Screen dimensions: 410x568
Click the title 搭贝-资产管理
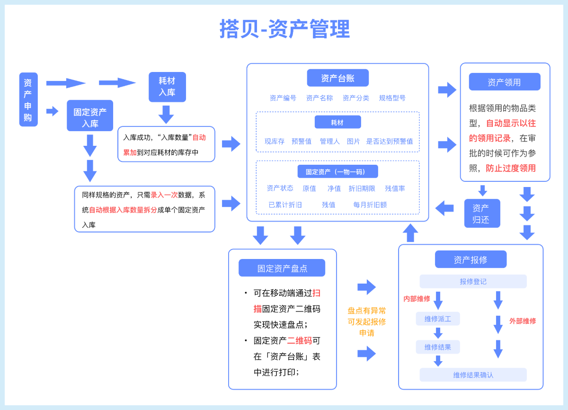coord(284,29)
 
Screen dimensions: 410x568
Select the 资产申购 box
coord(28,99)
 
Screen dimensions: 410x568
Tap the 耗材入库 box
coord(167,87)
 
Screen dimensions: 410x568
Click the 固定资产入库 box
coord(90,116)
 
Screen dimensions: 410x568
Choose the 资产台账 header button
coord(337,78)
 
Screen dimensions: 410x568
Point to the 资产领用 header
coord(504,82)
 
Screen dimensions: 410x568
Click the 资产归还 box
coord(482,214)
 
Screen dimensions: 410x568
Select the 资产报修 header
coord(470,259)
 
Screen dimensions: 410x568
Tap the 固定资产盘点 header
coord(282,268)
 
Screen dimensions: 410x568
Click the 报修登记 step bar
coord(473,281)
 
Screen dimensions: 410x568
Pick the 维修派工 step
coord(438,319)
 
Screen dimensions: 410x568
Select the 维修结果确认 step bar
coord(473,375)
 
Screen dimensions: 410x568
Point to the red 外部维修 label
coord(523,321)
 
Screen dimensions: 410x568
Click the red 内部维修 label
coord(417,299)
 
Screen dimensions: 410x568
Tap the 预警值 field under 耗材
coord(302,141)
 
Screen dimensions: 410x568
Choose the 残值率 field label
coord(395,188)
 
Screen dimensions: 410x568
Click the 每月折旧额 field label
coord(370,205)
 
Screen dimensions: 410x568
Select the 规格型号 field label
coord(392,98)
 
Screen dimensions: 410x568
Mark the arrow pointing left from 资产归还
coord(444,208)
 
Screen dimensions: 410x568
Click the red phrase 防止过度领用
coord(511,168)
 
